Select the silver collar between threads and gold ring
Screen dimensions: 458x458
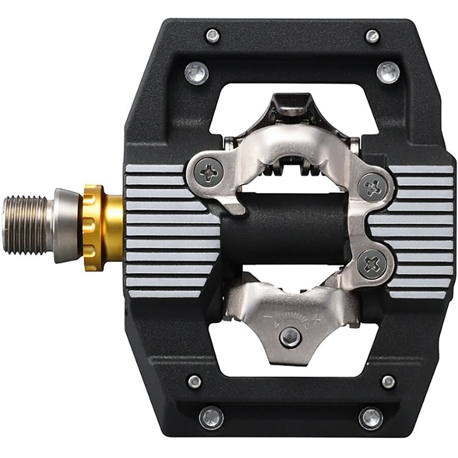68,225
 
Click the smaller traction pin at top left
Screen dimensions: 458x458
212,36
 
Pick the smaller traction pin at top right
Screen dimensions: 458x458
373,36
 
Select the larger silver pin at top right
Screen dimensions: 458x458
388,72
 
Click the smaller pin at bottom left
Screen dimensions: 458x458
194,381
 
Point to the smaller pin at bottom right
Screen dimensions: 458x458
388,381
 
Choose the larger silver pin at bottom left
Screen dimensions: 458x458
211,417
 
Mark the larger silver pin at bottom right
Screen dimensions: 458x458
371,417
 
